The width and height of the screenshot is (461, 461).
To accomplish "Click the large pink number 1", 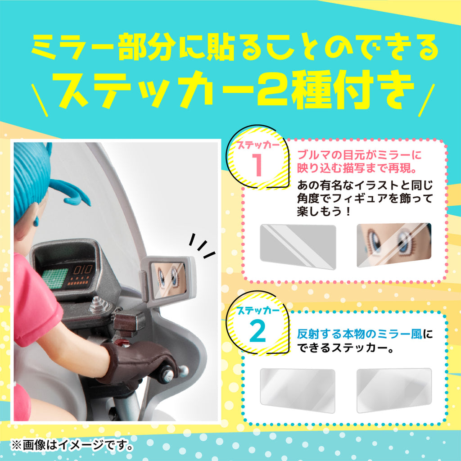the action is [258, 165].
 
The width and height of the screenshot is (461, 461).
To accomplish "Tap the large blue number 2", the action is [258, 331].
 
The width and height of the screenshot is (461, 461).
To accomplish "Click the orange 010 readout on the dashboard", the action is [82, 270].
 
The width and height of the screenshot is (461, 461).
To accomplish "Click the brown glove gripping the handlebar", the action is [138, 364].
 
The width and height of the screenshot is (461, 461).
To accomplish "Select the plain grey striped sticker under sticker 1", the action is [298, 246].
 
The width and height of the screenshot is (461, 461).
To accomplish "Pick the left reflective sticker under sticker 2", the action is [298, 390].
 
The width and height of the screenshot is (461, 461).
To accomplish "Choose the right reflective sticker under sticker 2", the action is [394, 390].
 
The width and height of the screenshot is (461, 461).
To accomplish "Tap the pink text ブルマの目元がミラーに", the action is [360, 155].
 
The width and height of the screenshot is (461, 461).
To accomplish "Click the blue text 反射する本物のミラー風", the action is [360, 334].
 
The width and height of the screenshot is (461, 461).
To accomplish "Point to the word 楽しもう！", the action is [324, 211].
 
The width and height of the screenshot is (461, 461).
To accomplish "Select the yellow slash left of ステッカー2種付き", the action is [40, 100].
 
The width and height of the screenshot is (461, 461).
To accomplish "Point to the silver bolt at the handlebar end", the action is [184, 371].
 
